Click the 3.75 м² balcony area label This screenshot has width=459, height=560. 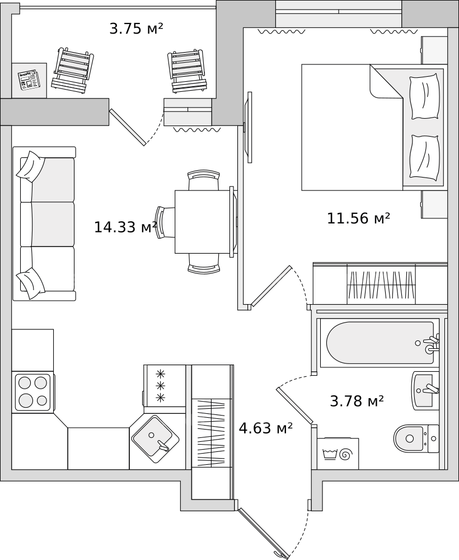coord(136,28)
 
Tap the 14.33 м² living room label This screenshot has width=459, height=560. coord(125,227)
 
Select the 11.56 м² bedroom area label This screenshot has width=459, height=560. coord(358,218)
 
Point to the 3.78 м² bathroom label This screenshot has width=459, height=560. coord(357,401)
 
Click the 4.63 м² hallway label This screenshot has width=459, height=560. coord(265,427)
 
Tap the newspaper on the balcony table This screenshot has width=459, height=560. coord(30,80)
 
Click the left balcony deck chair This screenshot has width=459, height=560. coord(72,71)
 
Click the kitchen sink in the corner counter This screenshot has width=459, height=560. coord(156,439)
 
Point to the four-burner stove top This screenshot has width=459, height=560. coord(33,392)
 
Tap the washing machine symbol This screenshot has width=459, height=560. coord(338,454)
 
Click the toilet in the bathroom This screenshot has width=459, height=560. coord(416,438)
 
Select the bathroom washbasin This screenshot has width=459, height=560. coord(425,390)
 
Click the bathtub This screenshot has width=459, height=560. coord(380,343)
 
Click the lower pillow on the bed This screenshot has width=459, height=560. coord(424,157)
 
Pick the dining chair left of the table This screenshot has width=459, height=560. coord(165,222)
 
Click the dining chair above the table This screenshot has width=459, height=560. coord(203,180)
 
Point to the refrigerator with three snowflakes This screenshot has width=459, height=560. coord(165,386)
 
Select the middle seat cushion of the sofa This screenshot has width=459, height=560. coord(48,225)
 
